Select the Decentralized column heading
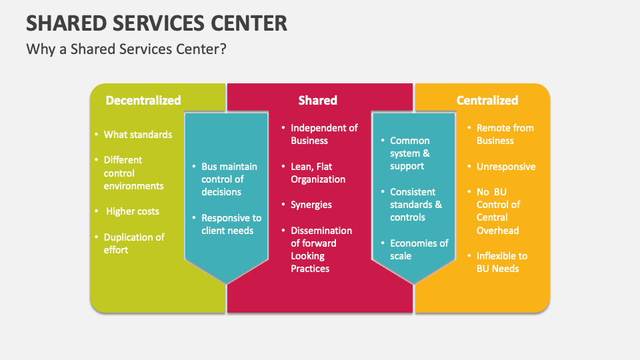tap(143, 101)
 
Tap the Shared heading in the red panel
tap(317, 101)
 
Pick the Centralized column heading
tap(487, 101)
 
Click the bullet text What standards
tap(137, 135)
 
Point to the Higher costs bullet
tap(133, 211)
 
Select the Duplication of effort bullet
tap(133, 243)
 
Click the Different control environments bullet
tap(133, 173)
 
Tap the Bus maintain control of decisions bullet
tap(229, 179)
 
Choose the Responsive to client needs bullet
tap(231, 224)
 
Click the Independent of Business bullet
tap(324, 134)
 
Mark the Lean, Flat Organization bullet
tap(317, 173)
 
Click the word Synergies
tap(311, 205)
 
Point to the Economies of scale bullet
tap(419, 249)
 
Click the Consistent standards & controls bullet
tap(415, 205)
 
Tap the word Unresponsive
tap(505, 167)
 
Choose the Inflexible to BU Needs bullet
tap(501, 262)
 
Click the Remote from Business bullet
tap(505, 134)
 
